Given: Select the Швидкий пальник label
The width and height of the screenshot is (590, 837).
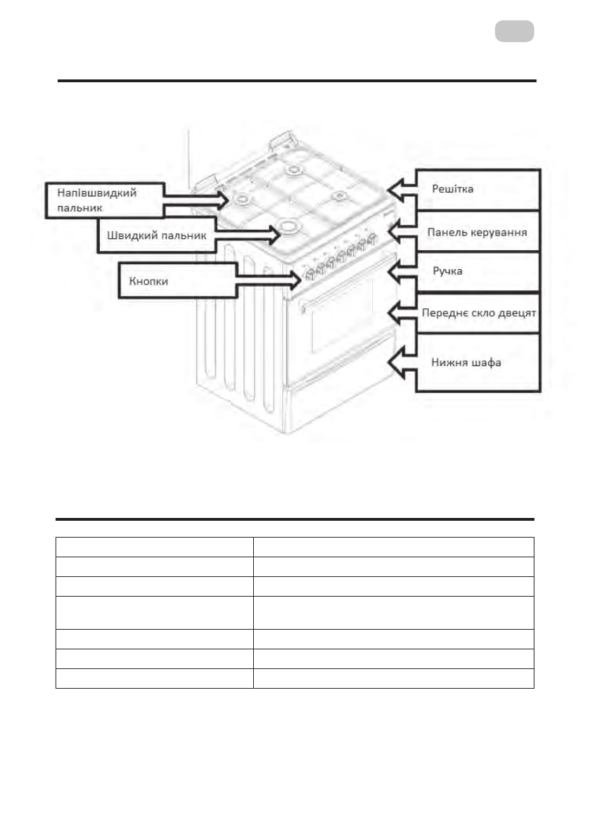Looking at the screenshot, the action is (156, 236).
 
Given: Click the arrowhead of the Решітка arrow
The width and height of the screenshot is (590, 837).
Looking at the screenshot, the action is (395, 189).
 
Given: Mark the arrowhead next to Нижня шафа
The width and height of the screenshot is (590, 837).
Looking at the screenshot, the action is (395, 361).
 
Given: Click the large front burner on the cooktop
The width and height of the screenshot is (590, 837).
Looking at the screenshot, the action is (288, 226).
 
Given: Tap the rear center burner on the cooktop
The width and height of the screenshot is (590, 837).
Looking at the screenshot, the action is (293, 171).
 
